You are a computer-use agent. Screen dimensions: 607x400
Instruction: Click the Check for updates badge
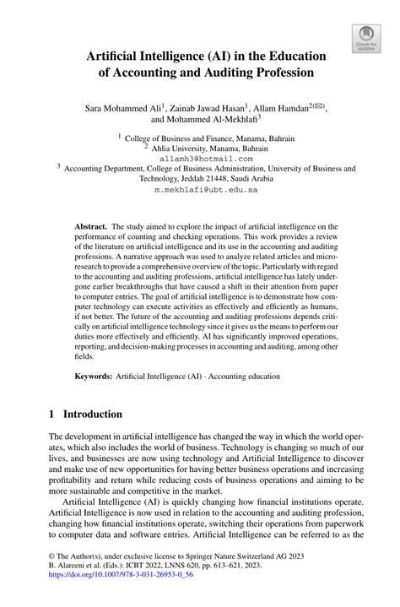(x=365, y=38)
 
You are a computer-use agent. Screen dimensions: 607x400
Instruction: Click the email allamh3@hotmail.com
(x=199, y=158)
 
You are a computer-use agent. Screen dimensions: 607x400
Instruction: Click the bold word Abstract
(x=90, y=227)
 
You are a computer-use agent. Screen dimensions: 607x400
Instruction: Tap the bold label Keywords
(x=94, y=376)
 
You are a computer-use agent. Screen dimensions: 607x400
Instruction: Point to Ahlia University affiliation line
(x=199, y=146)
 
